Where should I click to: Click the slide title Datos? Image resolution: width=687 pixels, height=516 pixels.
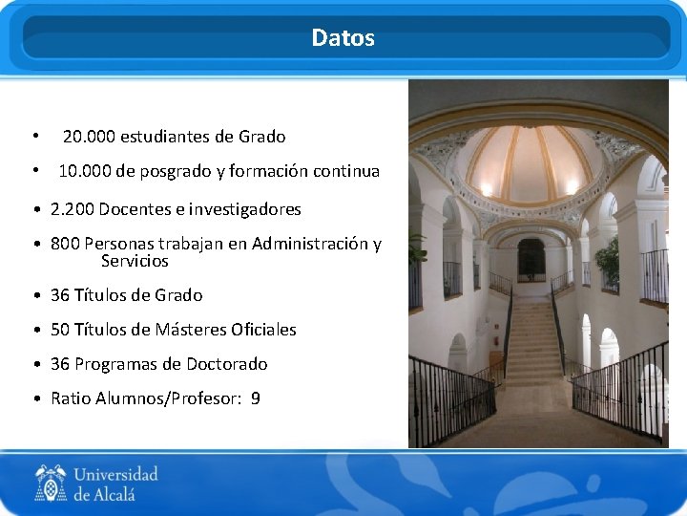(x=343, y=38)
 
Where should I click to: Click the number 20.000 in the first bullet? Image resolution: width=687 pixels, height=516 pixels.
(x=90, y=137)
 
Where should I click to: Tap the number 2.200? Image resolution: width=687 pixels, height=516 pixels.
(x=72, y=209)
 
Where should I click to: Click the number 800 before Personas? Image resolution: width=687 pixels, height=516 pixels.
(x=65, y=244)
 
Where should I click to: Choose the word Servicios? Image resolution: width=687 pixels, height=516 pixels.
(x=135, y=261)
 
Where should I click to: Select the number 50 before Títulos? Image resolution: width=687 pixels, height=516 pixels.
(x=60, y=330)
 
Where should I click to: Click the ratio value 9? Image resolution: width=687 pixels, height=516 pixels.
(x=255, y=398)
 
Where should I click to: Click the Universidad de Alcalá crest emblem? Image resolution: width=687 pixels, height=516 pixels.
(x=51, y=483)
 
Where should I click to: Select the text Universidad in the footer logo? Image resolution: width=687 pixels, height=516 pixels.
(x=115, y=475)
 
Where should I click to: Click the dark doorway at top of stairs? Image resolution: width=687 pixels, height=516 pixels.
(x=531, y=259)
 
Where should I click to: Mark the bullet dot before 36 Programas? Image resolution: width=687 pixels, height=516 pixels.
(x=35, y=364)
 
